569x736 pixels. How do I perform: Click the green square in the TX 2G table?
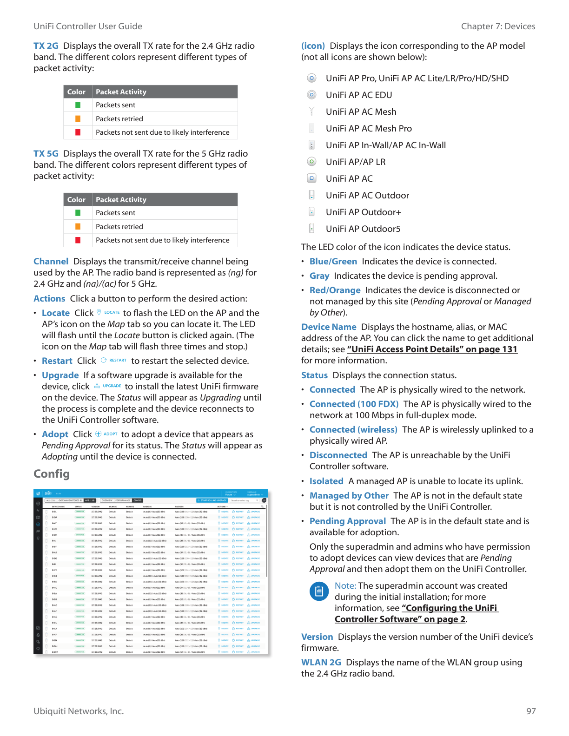point(78,105)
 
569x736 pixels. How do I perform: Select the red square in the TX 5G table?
point(78,240)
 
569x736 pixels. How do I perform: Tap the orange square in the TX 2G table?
point(78,119)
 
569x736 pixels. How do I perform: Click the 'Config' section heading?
point(52,474)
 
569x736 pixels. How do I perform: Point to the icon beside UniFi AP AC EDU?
point(311,95)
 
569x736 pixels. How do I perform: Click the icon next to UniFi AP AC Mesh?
point(311,112)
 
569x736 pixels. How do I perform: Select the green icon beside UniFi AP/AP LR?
point(311,162)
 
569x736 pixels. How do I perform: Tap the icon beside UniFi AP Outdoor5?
point(311,229)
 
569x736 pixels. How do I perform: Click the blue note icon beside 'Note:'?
point(319,591)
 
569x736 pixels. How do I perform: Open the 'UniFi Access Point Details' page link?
point(432,349)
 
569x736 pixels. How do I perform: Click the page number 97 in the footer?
point(531,711)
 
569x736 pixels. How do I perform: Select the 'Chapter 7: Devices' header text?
point(498,26)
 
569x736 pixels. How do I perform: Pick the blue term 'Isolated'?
point(326,481)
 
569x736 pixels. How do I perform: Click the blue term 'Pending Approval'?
point(348,521)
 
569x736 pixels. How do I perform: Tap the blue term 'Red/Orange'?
point(335,290)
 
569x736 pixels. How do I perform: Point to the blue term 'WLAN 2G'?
point(321,663)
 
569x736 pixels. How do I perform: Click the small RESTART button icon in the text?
point(114,361)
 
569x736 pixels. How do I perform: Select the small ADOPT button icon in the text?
point(106,434)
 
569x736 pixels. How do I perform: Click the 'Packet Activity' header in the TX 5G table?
point(121,200)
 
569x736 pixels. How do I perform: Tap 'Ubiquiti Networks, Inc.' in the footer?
point(79,711)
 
